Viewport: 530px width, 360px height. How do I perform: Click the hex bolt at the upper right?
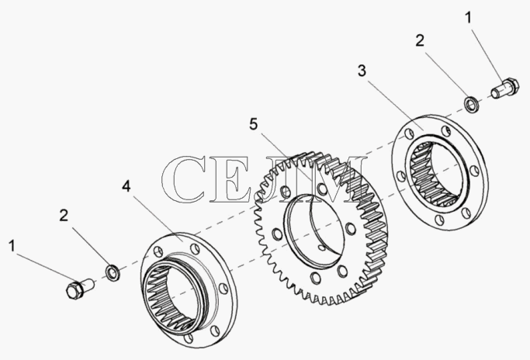pyautogui.click(x=504, y=87)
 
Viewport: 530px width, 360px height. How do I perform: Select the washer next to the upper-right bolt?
pyautogui.click(x=472, y=104)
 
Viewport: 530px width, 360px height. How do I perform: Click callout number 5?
pyautogui.click(x=254, y=124)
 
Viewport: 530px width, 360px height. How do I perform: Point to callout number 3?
pyautogui.click(x=362, y=71)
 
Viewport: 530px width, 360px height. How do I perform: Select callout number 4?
pyautogui.click(x=126, y=186)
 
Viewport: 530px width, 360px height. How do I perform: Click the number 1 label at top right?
pyautogui.click(x=468, y=18)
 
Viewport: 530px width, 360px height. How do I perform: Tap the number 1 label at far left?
pyautogui.click(x=12, y=246)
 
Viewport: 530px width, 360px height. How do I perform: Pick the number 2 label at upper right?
pyautogui.click(x=420, y=41)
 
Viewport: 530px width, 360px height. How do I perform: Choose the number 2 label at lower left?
pyautogui.click(x=64, y=216)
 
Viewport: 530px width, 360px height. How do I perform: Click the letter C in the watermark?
pyautogui.click(x=185, y=179)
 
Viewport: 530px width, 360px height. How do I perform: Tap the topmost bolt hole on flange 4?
pyautogui.click(x=195, y=248)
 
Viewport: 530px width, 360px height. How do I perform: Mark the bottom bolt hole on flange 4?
pyautogui.click(x=188, y=338)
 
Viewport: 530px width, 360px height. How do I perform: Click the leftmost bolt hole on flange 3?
pyautogui.click(x=401, y=176)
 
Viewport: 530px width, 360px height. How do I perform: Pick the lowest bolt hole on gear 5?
pyautogui.click(x=315, y=278)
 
